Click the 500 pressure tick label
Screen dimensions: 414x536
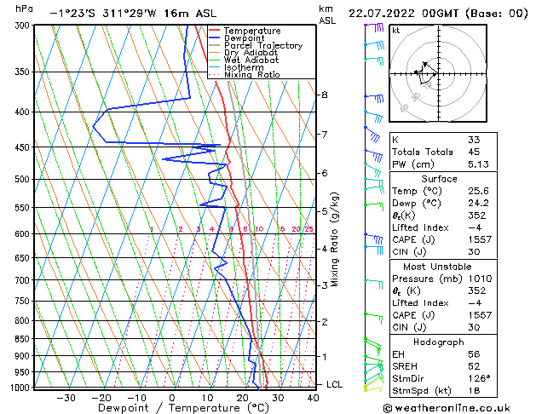(23, 180)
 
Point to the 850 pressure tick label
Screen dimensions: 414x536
(23, 339)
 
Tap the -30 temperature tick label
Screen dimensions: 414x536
(66, 397)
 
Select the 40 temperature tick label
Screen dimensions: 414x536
(314, 397)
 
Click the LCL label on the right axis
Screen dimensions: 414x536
(335, 385)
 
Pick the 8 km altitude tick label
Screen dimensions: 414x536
(324, 95)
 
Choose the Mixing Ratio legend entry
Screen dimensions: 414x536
(252, 75)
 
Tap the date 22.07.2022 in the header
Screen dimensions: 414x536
(389, 14)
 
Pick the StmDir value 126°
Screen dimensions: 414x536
(479, 378)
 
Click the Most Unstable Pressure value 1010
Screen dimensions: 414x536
(481, 278)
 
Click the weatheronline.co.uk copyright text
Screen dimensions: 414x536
(458, 406)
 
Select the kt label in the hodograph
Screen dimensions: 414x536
(395, 30)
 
